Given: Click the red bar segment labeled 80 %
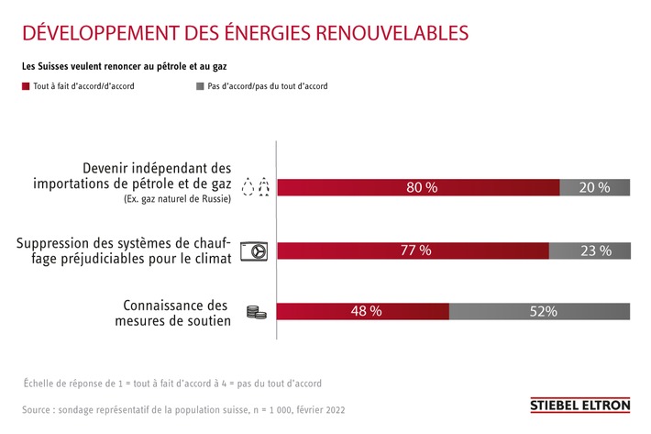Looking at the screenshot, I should pyautogui.click(x=418, y=187).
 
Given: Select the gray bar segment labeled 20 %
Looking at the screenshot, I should pyautogui.click(x=594, y=187).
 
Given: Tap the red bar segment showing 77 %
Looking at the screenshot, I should pyautogui.click(x=413, y=250).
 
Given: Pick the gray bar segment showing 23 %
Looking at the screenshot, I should pyautogui.click(x=589, y=250).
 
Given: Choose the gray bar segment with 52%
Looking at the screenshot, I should pyautogui.click(x=540, y=311).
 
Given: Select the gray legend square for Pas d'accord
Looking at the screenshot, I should pyautogui.click(x=199, y=86).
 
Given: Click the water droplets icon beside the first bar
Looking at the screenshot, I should pyautogui.click(x=254, y=187).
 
